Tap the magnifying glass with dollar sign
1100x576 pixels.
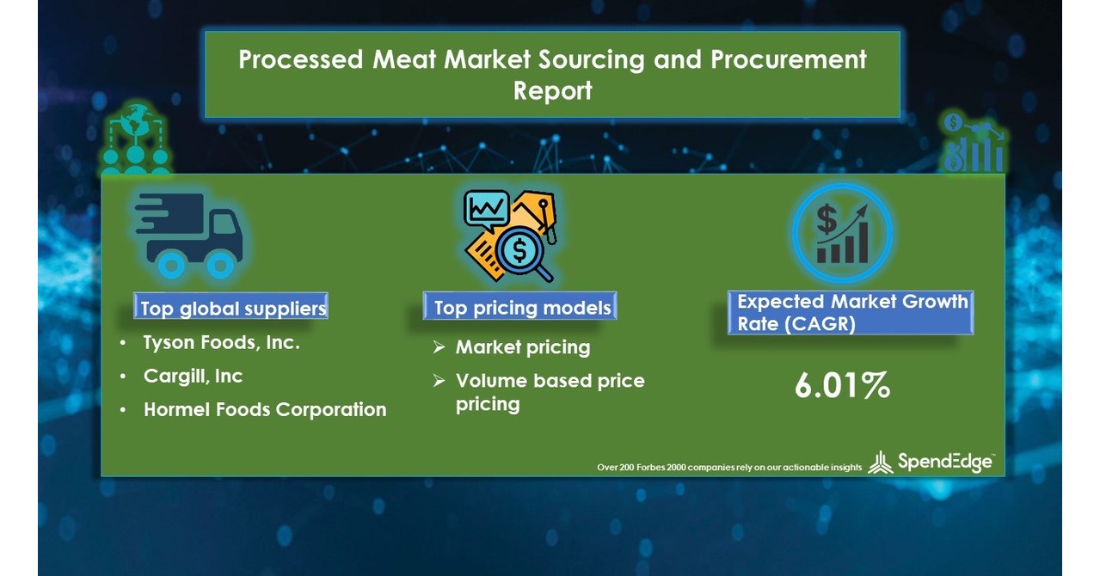[x=521, y=253]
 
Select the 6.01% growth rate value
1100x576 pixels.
[x=841, y=386]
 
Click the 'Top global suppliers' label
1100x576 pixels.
[x=233, y=308]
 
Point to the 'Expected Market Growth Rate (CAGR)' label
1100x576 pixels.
[x=852, y=313]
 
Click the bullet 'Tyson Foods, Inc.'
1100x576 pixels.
[x=221, y=343]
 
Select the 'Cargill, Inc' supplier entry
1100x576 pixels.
[x=193, y=376]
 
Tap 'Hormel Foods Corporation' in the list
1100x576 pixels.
[x=265, y=409]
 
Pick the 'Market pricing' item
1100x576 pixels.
[x=522, y=347]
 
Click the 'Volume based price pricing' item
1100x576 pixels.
[x=550, y=392]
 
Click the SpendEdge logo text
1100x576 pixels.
[x=944, y=462]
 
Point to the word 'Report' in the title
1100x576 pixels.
[x=552, y=89]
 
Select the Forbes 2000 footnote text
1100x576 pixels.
[x=729, y=467]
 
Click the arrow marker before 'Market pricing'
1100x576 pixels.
[x=439, y=347]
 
